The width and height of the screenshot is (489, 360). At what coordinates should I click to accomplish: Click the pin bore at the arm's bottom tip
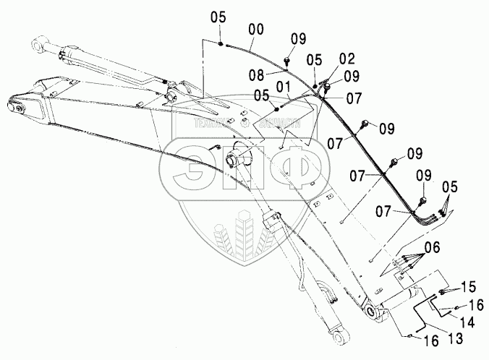coord(373,312)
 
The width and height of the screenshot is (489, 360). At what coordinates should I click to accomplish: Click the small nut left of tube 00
coord(221,44)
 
